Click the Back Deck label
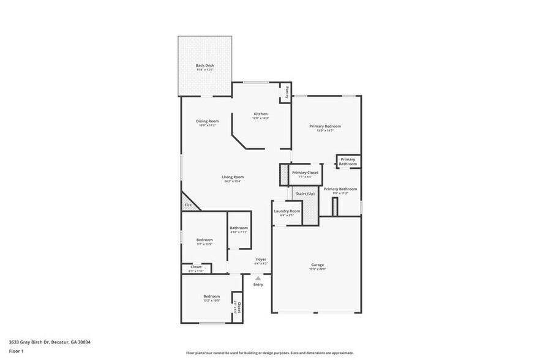(x=204, y=66)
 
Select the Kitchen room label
(x=261, y=114)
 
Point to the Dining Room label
(x=207, y=121)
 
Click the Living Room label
(x=233, y=177)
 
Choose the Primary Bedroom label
(x=324, y=126)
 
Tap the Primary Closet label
(x=305, y=173)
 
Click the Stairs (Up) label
(x=305, y=193)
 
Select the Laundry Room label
(x=287, y=211)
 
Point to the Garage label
(x=317, y=265)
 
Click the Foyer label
(x=261, y=260)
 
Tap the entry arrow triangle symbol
(x=258, y=278)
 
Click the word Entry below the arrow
(x=258, y=284)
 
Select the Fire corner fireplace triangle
(x=187, y=204)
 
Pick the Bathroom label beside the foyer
(x=239, y=228)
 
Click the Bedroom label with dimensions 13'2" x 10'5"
(x=211, y=296)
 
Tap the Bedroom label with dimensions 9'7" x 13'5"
(x=204, y=239)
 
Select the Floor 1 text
(x=16, y=351)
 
